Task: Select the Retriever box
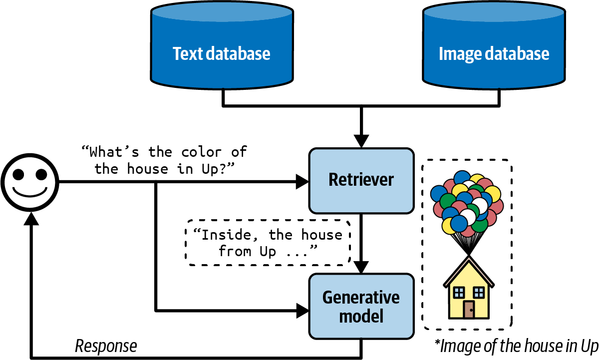[x=361, y=180]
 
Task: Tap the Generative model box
[x=361, y=306]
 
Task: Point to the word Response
[x=105, y=346]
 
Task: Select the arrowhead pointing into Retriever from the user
[x=302, y=182]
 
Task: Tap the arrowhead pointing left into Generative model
[x=302, y=311]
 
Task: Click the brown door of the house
[x=469, y=310]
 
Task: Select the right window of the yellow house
[x=479, y=292]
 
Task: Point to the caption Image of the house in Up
[x=516, y=346]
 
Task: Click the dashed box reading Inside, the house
[x=268, y=243]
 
